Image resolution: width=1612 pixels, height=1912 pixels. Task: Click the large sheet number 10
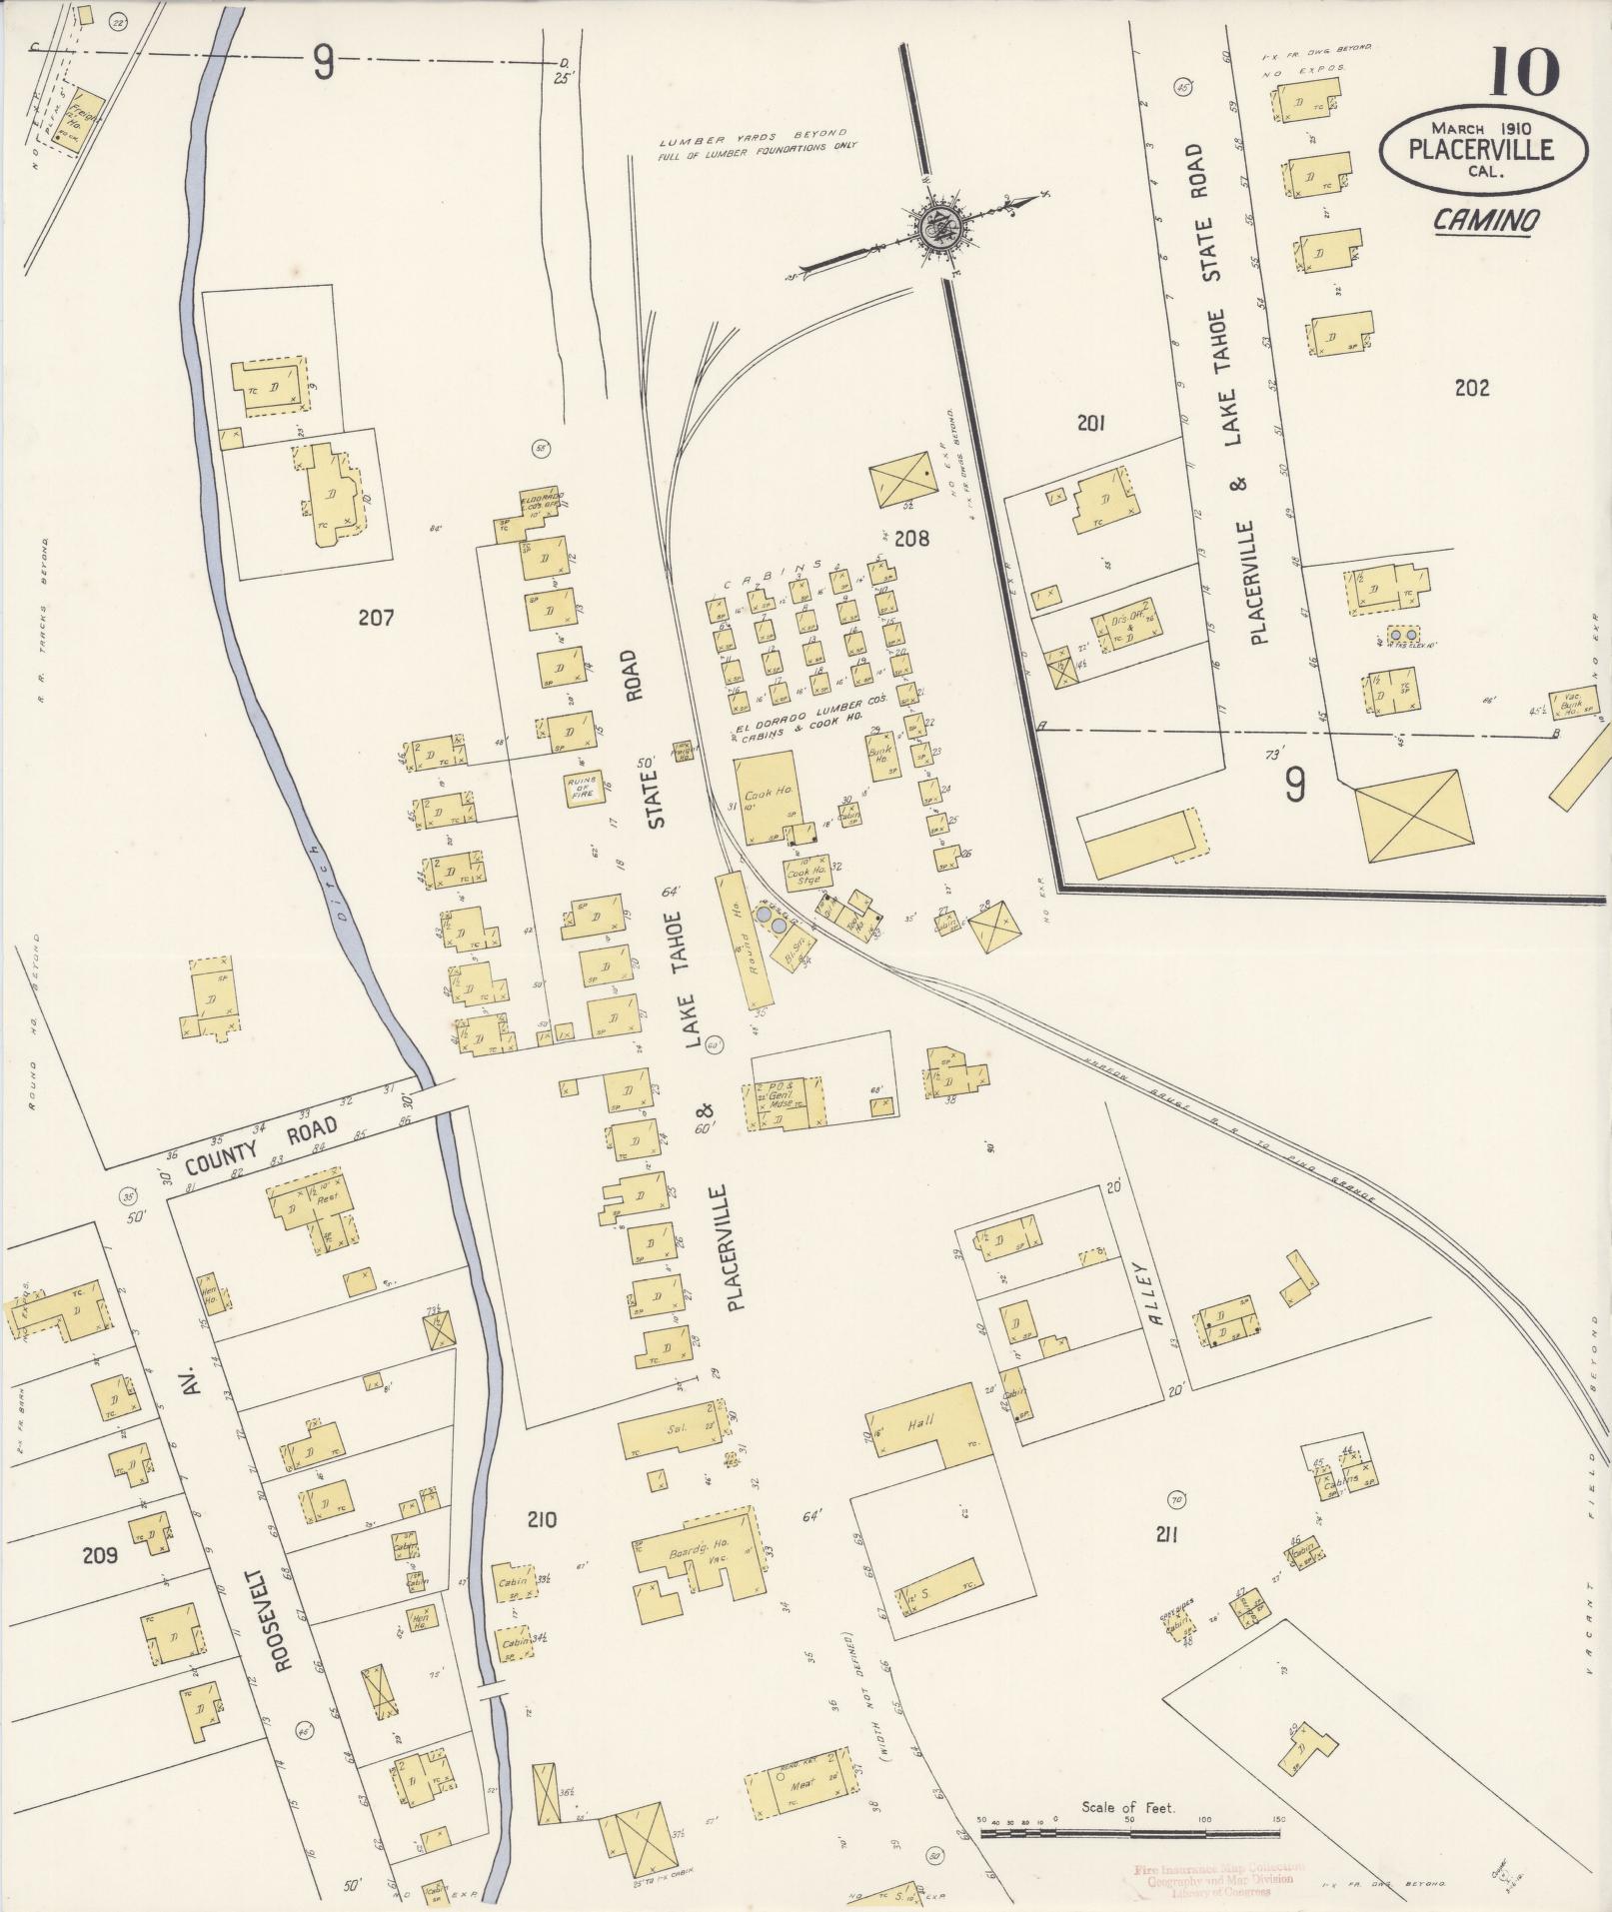(1524, 73)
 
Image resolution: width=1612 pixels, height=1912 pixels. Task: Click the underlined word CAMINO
(1486, 221)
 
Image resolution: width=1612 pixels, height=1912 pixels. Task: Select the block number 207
(376, 618)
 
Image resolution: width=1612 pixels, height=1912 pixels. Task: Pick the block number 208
(911, 539)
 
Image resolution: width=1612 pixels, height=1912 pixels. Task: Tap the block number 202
(1472, 388)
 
